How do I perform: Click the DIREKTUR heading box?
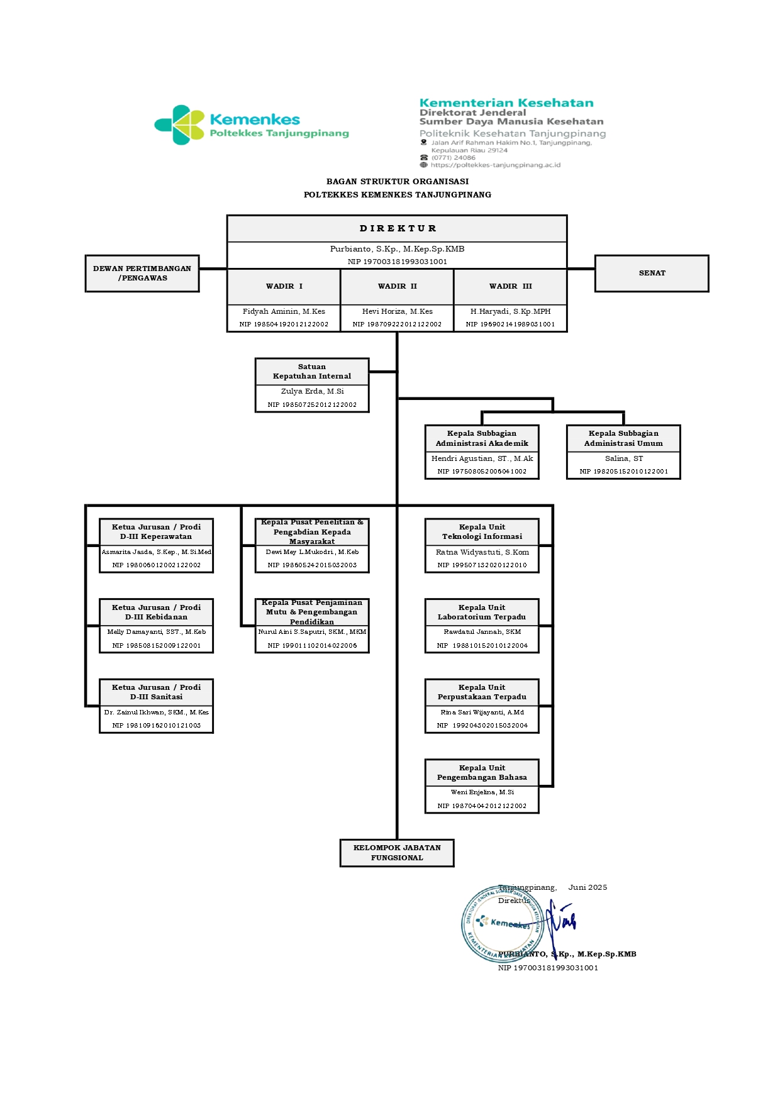(397, 229)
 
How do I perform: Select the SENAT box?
(652, 274)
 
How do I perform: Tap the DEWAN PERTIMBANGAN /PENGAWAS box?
(142, 274)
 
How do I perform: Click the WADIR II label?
(397, 287)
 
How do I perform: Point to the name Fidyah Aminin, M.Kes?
(284, 311)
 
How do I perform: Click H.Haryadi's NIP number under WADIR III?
(510, 324)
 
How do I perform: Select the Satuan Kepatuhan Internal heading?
(312, 372)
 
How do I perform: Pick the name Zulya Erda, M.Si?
(312, 391)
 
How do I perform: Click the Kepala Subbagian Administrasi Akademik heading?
(482, 438)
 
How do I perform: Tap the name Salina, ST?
(623, 458)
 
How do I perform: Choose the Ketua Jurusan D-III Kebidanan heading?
(156, 612)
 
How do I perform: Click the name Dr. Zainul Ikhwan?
(156, 712)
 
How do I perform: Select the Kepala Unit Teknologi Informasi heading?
(482, 532)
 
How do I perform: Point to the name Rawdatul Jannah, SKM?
(482, 632)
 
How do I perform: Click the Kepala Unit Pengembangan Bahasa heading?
(482, 773)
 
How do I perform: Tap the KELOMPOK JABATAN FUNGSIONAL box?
(397, 853)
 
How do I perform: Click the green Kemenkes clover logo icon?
(180, 125)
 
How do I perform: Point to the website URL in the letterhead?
(495, 165)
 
